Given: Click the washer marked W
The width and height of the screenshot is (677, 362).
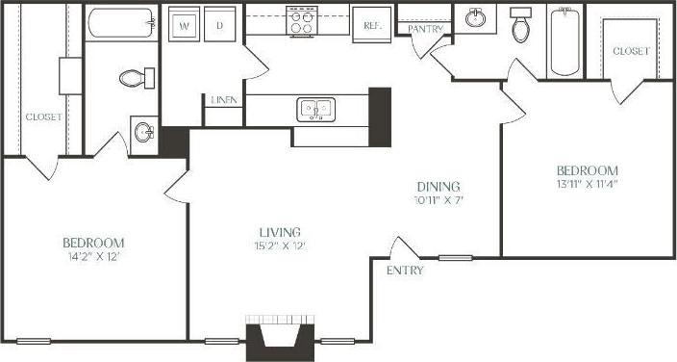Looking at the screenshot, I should (183, 27).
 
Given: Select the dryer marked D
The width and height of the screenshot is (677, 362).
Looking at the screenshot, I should (219, 27).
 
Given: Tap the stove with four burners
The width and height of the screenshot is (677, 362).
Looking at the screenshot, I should (302, 21).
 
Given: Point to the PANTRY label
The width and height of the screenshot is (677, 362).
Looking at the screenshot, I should (424, 29).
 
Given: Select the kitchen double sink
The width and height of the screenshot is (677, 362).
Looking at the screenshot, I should (314, 109).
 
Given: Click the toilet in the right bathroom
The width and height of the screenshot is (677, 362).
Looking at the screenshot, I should (521, 26).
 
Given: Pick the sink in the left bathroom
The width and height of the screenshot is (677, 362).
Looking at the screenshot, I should (143, 132).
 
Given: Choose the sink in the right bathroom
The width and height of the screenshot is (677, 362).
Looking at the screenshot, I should (475, 18).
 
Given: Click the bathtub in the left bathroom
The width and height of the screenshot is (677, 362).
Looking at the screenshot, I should (121, 22).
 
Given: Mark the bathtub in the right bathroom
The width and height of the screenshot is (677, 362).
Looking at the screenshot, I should (563, 41).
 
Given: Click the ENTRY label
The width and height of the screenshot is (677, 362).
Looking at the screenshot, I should (405, 271).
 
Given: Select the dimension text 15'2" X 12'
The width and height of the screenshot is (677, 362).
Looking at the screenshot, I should (280, 246).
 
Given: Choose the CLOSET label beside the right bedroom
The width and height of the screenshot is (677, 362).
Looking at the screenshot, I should (630, 50).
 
